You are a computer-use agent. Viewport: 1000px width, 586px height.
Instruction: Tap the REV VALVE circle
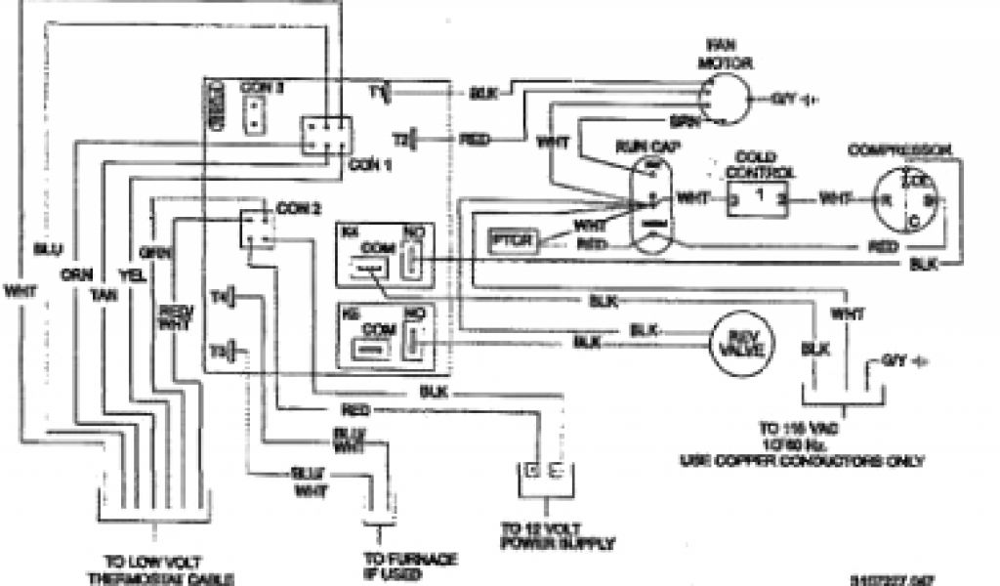(x=739, y=343)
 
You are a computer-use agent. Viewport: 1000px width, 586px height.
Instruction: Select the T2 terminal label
(x=399, y=140)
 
